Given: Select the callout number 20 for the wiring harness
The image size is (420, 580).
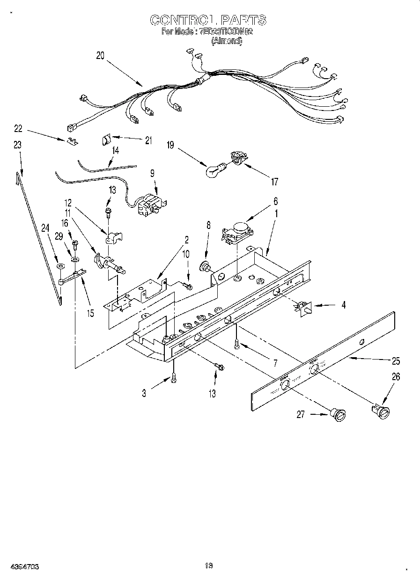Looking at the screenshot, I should [x=100, y=56].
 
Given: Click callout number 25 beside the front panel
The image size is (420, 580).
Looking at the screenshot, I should [x=396, y=361].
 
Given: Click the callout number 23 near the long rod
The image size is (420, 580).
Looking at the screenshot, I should [x=17, y=146].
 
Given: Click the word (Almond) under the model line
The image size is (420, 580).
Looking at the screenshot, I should [x=227, y=41].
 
